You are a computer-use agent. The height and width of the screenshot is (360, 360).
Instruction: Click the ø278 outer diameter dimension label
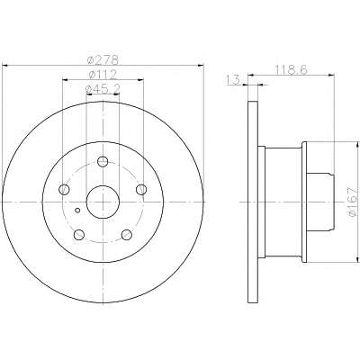click(x=103, y=60)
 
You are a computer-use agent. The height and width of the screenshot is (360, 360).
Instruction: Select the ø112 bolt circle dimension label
click(x=103, y=75)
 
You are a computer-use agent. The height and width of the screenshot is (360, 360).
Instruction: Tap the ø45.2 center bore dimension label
click(x=103, y=89)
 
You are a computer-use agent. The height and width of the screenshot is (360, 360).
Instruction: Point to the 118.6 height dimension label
click(x=291, y=70)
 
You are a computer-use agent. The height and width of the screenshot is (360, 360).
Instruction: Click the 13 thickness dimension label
click(x=233, y=80)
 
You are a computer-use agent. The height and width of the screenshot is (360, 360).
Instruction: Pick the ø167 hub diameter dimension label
click(x=353, y=202)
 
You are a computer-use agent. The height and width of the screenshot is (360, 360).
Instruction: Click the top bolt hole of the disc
click(x=103, y=162)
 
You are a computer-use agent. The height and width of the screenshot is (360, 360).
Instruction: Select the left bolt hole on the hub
click(x=64, y=189)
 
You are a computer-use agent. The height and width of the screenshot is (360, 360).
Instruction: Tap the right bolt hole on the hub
click(x=141, y=189)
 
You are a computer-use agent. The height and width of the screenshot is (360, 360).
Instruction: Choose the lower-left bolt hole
click(x=79, y=235)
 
